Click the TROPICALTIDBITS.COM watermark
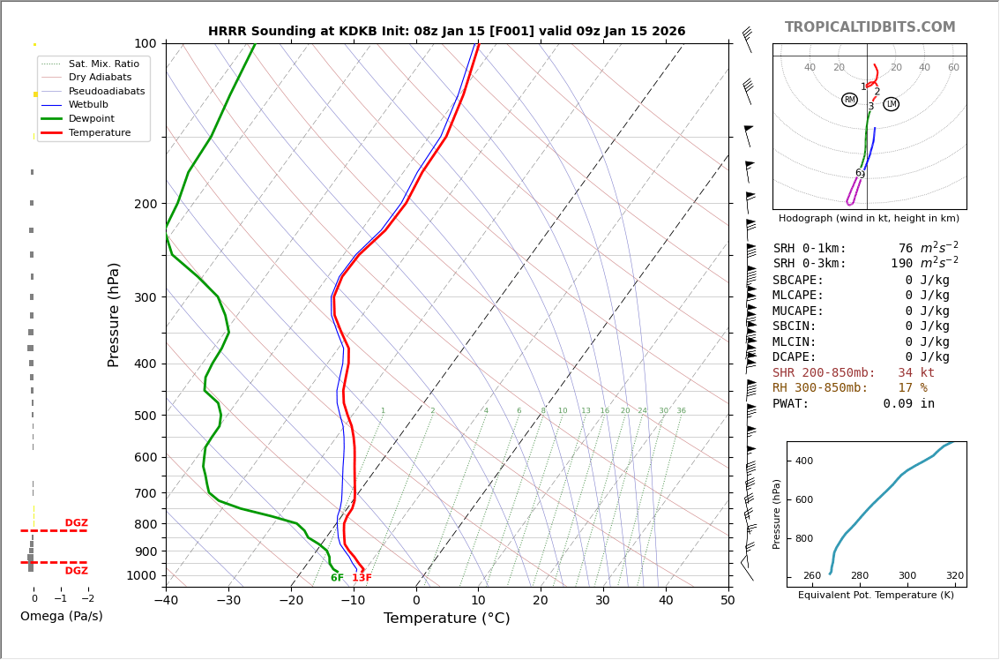coord(869,27)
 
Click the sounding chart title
coord(446,31)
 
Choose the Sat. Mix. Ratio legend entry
coord(103,64)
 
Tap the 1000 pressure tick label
coord(141,575)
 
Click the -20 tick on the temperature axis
coord(291,602)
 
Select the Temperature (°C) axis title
coord(446,619)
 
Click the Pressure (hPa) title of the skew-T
coord(115,314)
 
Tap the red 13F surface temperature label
coord(362,578)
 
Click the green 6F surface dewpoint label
coord(337,578)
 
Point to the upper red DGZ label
coord(76,523)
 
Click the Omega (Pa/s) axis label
coord(61,616)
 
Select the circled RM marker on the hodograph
coord(849,100)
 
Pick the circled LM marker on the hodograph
coord(891,104)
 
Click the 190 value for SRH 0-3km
coord(901,264)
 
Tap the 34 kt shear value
coord(916,373)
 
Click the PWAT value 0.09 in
coord(908,404)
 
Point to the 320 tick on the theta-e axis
coord(955,575)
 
